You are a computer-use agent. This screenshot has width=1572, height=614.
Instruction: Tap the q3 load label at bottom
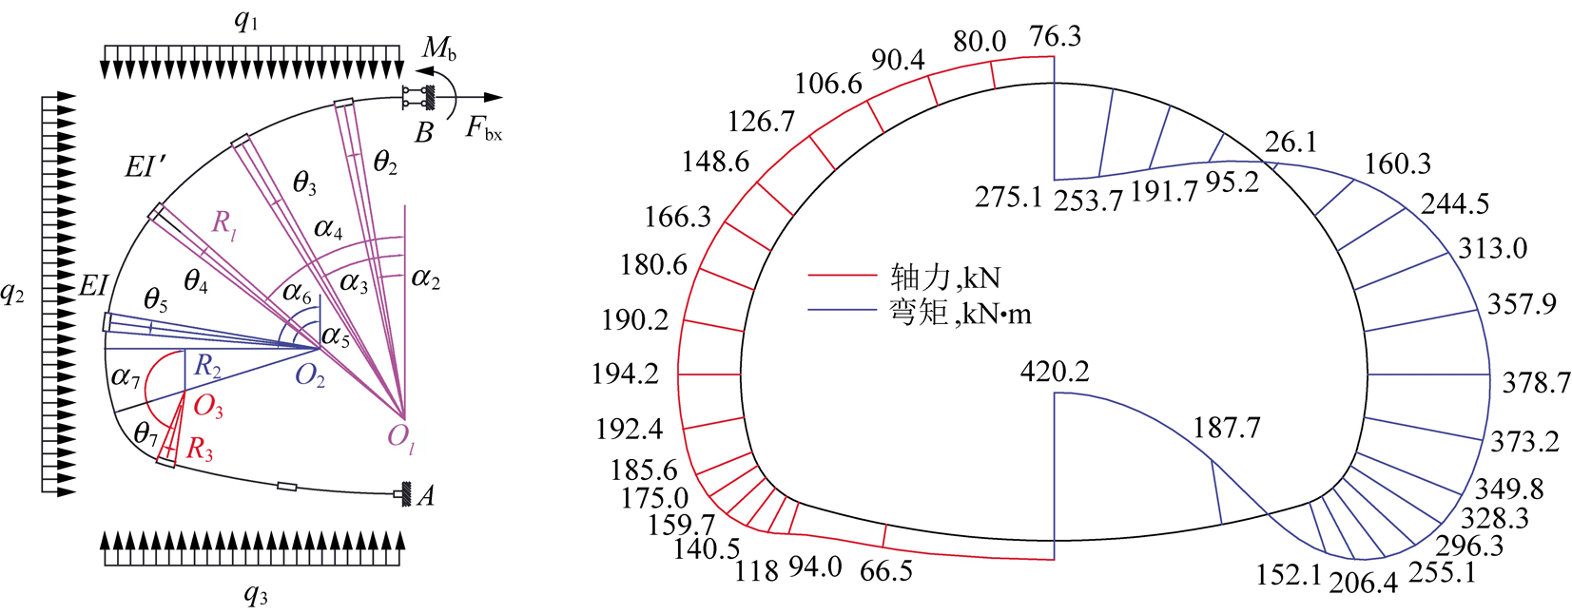(x=256, y=595)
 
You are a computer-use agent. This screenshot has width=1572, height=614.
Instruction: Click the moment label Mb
(x=439, y=48)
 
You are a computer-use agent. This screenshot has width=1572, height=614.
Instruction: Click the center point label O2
(x=309, y=376)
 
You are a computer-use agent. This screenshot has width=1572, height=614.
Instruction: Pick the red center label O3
(x=207, y=406)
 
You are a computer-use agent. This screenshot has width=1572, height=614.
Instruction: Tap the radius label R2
(x=207, y=366)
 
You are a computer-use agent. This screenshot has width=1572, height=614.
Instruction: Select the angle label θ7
(x=146, y=434)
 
